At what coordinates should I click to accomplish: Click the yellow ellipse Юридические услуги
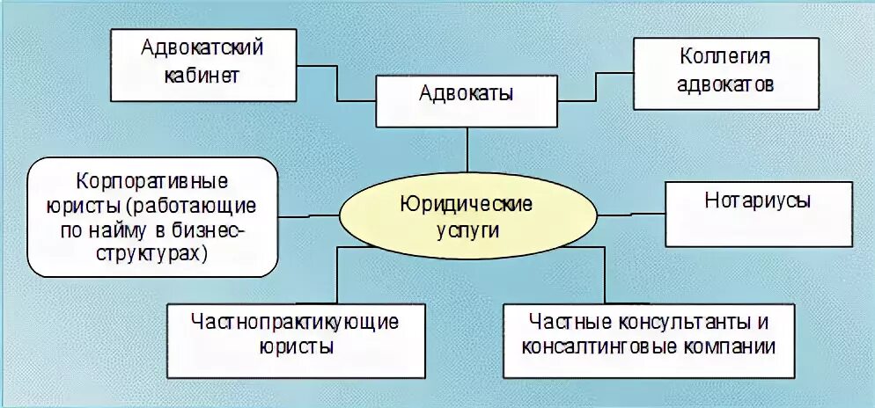(x=466, y=215)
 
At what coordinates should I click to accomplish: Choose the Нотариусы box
(x=758, y=213)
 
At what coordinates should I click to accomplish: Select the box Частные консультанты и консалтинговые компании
(x=649, y=335)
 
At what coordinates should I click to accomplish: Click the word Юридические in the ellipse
(x=466, y=205)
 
